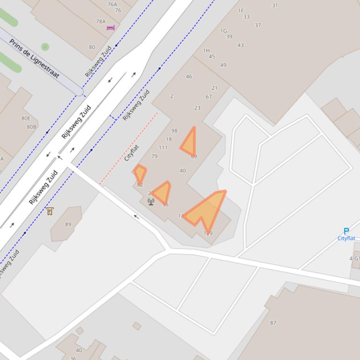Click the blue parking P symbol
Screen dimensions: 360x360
(346, 231)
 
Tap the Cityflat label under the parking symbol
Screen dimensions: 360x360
(346, 238)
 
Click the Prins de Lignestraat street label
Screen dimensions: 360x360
(35, 58)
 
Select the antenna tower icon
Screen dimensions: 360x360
(151, 202)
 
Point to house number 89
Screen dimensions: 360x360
(68, 224)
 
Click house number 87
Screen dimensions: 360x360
(273, 323)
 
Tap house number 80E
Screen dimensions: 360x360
(26, 119)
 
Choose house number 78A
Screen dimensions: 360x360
(101, 22)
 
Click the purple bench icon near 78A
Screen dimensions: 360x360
(110, 28)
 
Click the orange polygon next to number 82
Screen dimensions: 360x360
(140, 173)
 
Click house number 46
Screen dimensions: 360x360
(189, 77)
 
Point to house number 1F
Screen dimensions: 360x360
(241, 11)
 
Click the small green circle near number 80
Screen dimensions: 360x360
(45, 47)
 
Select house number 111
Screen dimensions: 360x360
(163, 148)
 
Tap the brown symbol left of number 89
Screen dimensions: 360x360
(50, 211)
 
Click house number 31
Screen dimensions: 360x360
(275, 6)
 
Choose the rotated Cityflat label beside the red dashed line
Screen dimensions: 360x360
(132, 153)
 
